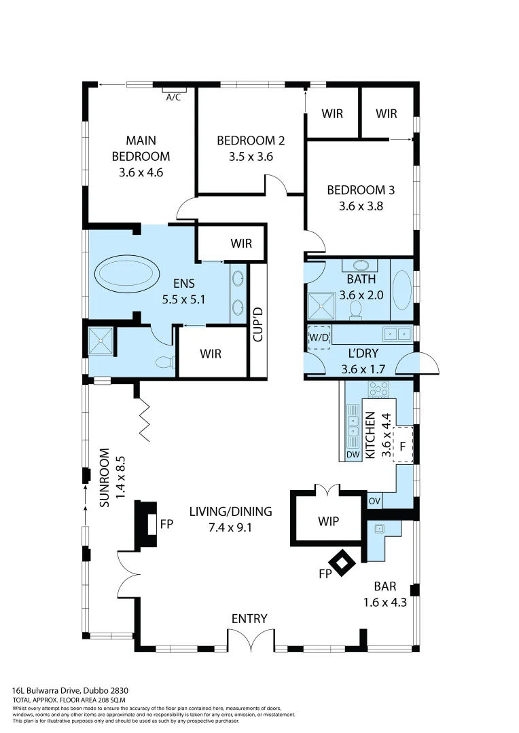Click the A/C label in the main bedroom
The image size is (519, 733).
click(173, 97)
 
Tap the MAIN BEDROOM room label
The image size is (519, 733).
click(141, 149)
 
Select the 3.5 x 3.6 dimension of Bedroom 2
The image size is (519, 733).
click(250, 157)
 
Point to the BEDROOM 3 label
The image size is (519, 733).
click(361, 190)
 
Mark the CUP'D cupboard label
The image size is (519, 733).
click(257, 324)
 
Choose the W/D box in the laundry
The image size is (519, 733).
click(319, 337)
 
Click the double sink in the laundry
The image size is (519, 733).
click(397, 333)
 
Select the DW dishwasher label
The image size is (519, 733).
click(353, 454)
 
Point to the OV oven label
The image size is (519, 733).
click(374, 501)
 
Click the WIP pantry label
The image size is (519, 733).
click(328, 521)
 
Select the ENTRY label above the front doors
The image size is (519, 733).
click(249, 618)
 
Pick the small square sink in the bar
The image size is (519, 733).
click(379, 527)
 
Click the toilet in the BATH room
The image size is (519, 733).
click(355, 309)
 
